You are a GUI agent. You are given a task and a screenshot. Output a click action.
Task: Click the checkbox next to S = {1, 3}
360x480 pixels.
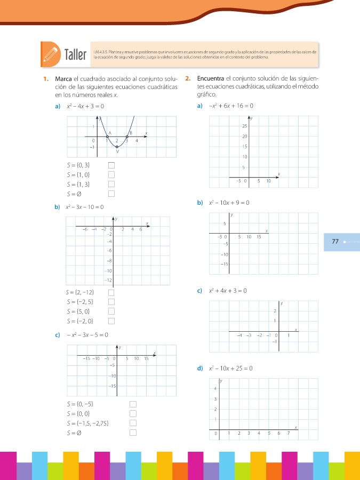click(111, 184)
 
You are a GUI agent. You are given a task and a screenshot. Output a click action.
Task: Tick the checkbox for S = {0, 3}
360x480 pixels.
click(111, 165)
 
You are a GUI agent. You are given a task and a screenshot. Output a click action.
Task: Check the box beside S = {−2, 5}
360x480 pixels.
click(111, 302)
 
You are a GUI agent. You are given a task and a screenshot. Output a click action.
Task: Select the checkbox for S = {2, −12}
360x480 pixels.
click(111, 292)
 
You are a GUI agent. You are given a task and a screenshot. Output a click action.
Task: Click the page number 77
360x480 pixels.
click(335, 242)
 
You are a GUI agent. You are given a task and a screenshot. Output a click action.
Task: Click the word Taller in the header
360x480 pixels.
click(75, 55)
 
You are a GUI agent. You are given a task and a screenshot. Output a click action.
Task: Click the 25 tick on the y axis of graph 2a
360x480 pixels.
click(244, 126)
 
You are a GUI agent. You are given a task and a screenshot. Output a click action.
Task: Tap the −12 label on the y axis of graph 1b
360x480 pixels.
click(108, 280)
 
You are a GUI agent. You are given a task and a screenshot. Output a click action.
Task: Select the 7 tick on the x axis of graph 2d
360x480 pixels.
click(289, 434)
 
